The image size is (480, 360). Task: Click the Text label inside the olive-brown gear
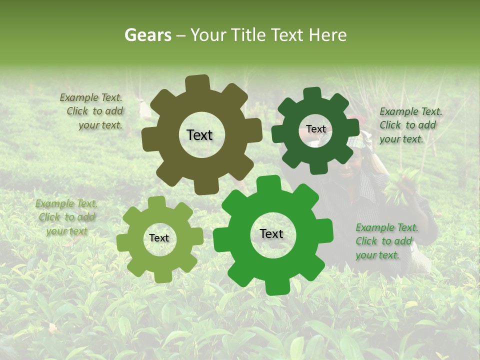[x=199, y=135]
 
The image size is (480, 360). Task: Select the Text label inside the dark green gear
[x=315, y=129]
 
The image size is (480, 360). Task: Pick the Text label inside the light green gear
[x=159, y=238]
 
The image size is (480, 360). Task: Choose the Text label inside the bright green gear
[x=271, y=234]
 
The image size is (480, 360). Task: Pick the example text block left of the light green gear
[x=66, y=217]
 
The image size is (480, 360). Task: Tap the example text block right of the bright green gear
[x=387, y=241]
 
